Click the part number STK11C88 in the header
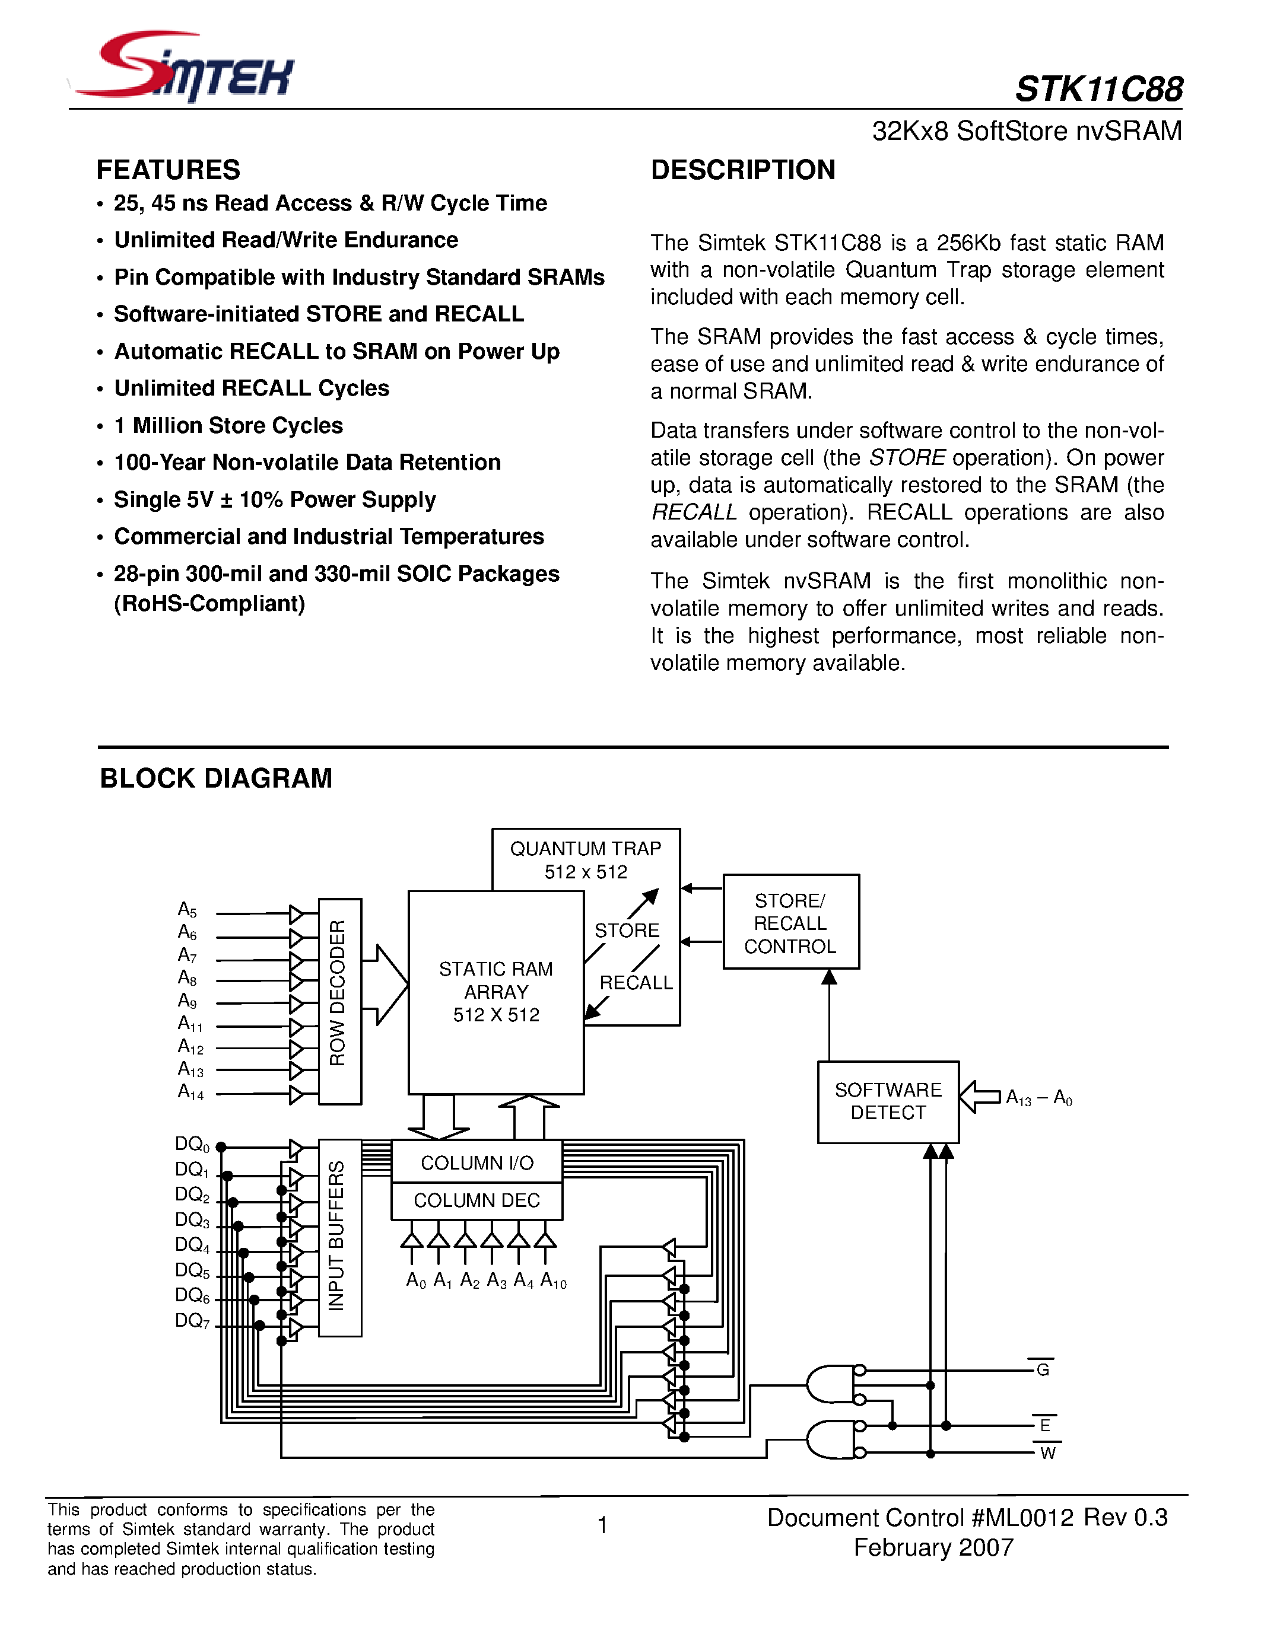pos(1098,90)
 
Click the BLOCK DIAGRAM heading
pos(216,778)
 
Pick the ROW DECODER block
pos(339,1001)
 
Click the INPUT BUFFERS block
pos(339,1237)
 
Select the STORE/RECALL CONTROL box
pos(790,923)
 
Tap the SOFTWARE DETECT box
pos(888,1101)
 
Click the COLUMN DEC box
pos(477,1200)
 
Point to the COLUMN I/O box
pos(477,1163)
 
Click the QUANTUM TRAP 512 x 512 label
pos(586,859)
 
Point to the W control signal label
pos(1047,1453)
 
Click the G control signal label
pos(1043,1369)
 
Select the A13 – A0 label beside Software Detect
pos(1038,1097)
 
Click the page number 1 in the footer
pos(603,1525)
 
